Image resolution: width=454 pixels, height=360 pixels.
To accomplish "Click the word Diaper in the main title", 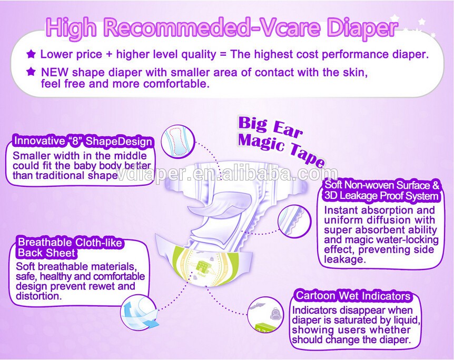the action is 362,28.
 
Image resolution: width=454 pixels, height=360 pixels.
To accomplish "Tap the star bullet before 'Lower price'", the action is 31,54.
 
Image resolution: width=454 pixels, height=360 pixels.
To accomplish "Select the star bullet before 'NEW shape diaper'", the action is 31,72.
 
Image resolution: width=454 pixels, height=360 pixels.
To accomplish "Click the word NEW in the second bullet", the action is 55,72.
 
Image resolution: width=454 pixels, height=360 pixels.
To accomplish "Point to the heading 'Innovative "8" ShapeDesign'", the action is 83,141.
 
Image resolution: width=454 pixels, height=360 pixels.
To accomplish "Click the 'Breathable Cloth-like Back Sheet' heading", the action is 70,247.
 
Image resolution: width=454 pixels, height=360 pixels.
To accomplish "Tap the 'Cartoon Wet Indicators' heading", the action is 353,296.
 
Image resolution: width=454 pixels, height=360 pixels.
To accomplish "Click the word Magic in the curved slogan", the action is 261,142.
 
